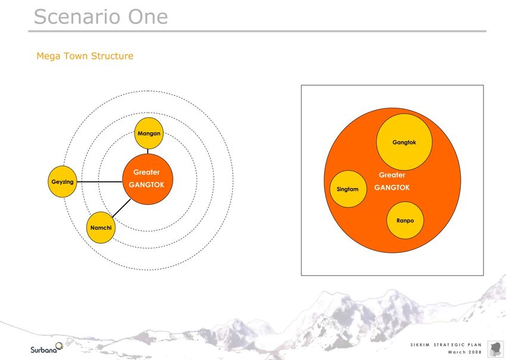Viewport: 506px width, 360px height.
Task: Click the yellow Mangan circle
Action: tap(149, 133)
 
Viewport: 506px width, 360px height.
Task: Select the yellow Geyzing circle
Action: tap(63, 181)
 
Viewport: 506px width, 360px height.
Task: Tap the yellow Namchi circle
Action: tap(101, 227)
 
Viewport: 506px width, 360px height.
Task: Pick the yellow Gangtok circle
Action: tap(404, 142)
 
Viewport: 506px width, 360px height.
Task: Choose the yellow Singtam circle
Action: tap(348, 189)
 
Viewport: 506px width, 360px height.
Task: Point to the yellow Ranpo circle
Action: tap(405, 220)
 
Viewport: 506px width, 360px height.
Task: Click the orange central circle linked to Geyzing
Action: tap(148, 179)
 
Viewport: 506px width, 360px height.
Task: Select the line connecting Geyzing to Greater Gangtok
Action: tap(100, 181)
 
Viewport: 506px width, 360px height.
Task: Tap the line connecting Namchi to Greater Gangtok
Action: tap(121, 208)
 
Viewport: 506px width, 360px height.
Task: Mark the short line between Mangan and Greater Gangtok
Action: tap(148, 151)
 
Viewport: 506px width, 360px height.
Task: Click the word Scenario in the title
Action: tap(78, 17)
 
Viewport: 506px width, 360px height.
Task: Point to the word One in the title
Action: tap(148, 17)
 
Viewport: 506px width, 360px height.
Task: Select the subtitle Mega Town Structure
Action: tap(85, 56)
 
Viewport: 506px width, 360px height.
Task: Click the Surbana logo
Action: tap(47, 348)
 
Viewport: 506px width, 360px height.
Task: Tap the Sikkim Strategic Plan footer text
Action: tap(446, 345)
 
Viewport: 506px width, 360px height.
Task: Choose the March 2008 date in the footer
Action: tap(465, 352)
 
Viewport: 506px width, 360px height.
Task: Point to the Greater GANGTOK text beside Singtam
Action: tap(392, 181)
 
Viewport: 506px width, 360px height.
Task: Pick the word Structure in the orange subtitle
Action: tap(113, 56)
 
